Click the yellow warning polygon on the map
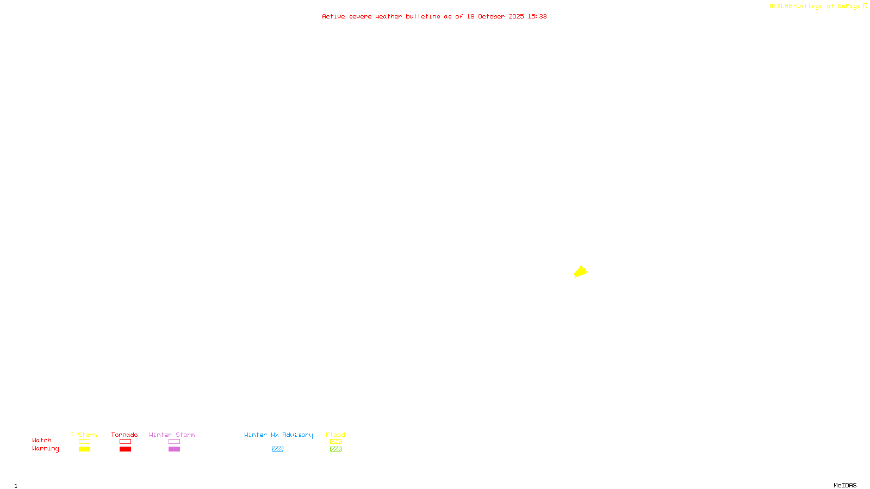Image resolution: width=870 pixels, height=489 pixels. (580, 272)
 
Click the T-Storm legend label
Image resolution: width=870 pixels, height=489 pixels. (84, 435)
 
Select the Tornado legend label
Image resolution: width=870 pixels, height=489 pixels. (125, 435)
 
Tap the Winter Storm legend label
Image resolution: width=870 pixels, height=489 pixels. (172, 435)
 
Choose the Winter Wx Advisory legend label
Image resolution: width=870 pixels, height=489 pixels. (278, 435)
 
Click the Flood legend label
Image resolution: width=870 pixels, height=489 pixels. (335, 435)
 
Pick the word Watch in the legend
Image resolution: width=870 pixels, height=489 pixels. (42, 440)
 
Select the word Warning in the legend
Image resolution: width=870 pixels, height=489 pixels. (45, 449)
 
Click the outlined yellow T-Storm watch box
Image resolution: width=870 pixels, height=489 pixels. (84, 442)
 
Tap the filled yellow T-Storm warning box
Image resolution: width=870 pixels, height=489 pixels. (84, 449)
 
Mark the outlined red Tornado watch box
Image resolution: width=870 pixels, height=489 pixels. (125, 442)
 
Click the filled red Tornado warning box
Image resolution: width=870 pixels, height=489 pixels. (125, 449)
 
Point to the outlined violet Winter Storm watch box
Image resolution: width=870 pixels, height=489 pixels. (174, 442)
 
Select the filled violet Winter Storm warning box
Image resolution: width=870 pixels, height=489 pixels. (174, 449)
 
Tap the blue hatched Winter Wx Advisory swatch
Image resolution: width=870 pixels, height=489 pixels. (277, 449)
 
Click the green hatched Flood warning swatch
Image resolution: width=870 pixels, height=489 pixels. (335, 449)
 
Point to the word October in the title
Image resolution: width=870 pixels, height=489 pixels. (491, 16)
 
